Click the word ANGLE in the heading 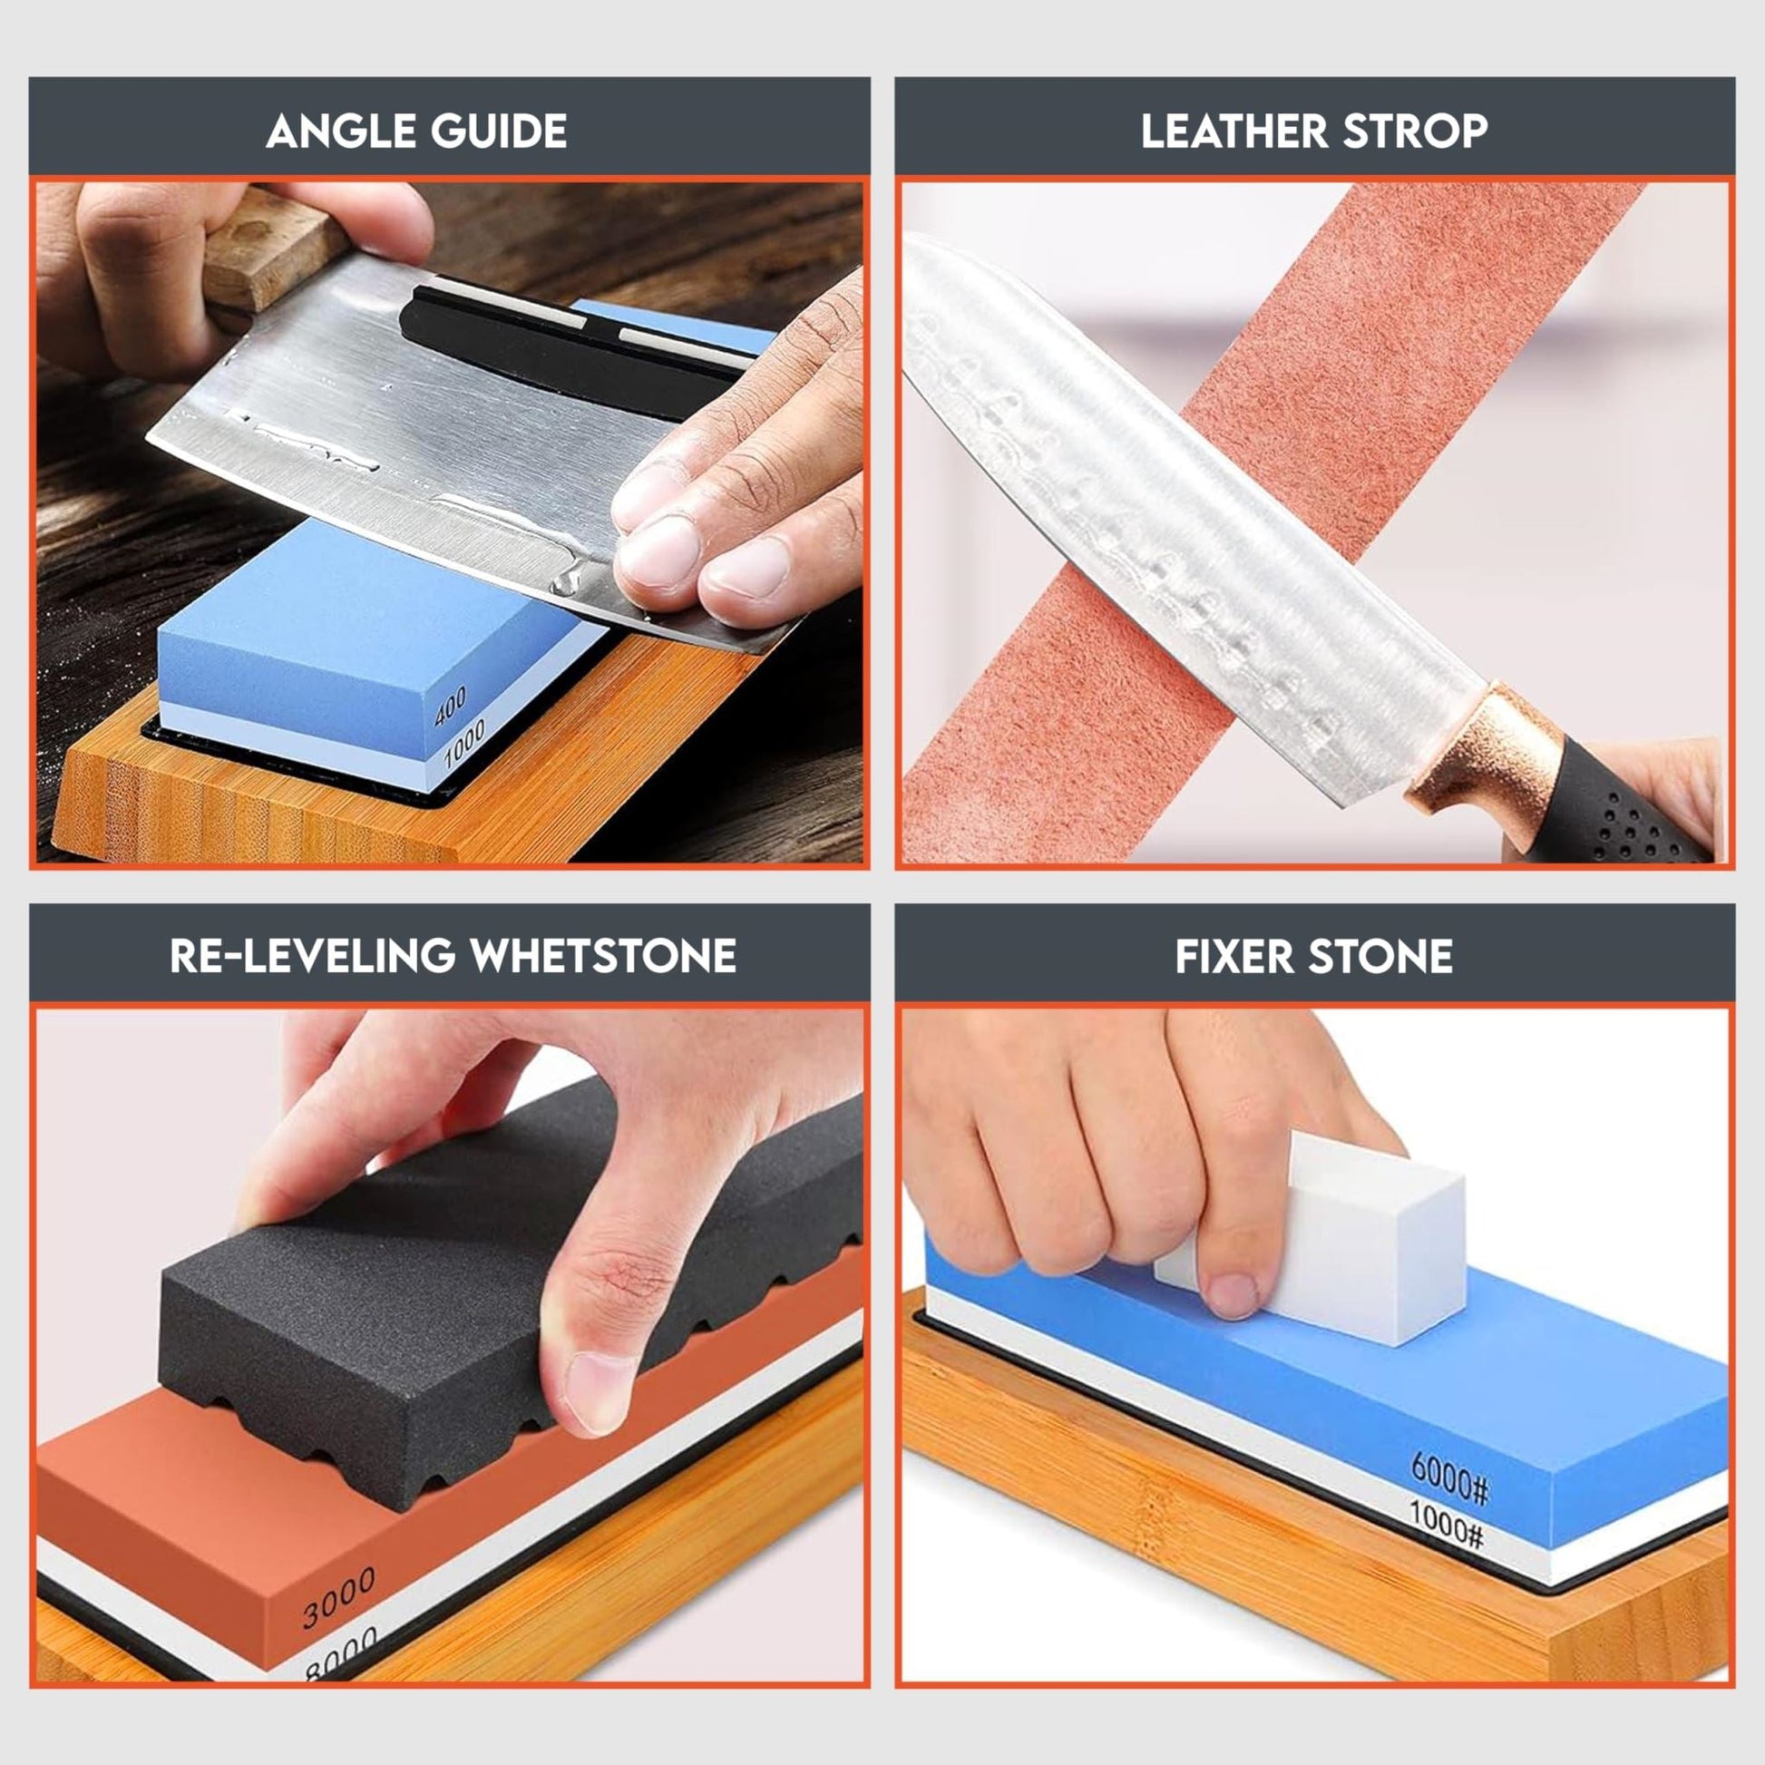point(340,131)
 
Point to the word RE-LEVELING point(312,957)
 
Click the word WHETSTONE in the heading point(603,957)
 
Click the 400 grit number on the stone point(451,707)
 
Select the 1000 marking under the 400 point(464,744)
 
